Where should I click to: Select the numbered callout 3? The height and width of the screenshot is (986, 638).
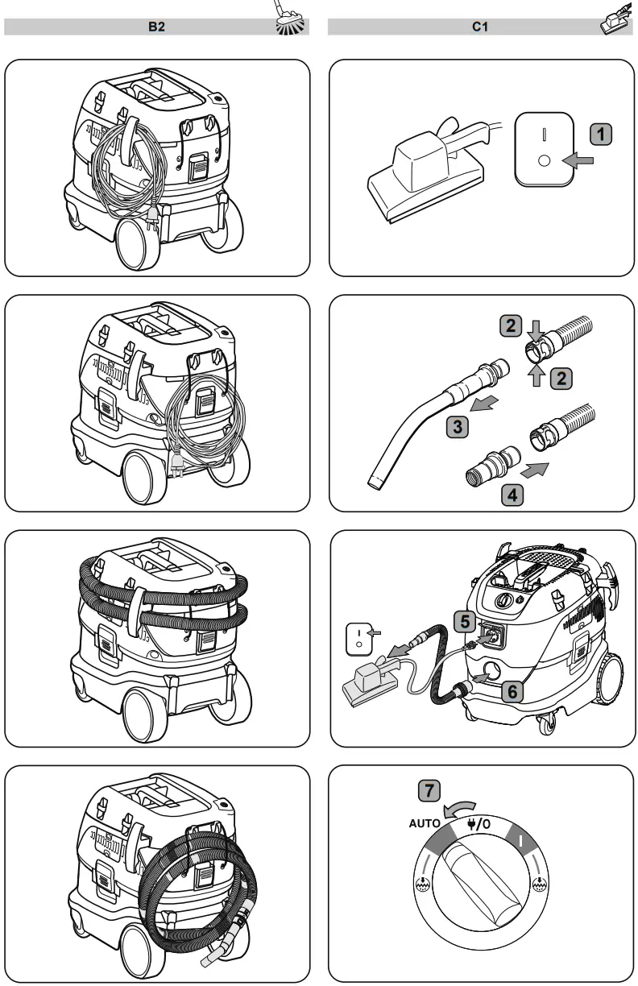[x=458, y=427]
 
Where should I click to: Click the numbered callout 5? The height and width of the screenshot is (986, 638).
[x=462, y=621]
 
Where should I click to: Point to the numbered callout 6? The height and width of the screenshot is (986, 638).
[x=514, y=690]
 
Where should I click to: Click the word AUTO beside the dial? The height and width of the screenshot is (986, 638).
[x=425, y=824]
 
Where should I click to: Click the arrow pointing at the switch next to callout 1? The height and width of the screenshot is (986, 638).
[x=578, y=161]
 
